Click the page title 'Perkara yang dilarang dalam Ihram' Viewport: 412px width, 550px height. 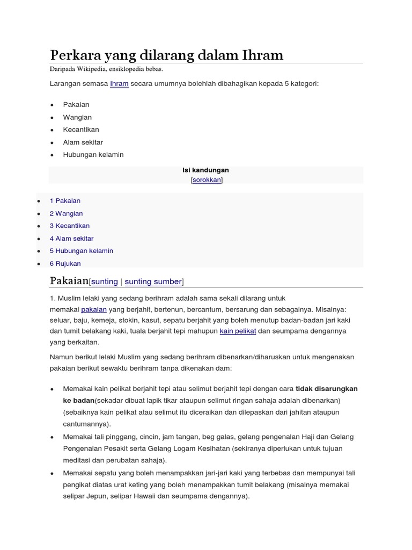tap(166, 55)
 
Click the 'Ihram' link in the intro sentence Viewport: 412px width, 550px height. tap(119, 84)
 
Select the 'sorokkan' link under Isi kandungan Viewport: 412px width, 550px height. tap(207, 180)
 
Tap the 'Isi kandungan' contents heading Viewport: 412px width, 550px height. tap(206, 170)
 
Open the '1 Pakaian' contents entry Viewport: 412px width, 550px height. tap(65, 201)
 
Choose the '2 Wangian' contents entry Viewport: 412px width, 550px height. tap(66, 213)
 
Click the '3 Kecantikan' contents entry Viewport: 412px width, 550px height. tap(70, 226)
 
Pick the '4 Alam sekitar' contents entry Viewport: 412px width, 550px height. tap(71, 238)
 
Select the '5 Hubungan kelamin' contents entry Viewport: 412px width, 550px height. tap(81, 251)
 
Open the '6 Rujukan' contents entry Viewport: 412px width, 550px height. tap(65, 263)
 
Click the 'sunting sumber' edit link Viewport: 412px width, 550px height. tap(153, 281)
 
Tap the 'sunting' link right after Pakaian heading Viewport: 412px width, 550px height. tap(105, 281)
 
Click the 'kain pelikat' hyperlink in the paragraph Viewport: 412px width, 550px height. tap(238, 331)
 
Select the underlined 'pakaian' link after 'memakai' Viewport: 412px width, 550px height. tap(94, 310)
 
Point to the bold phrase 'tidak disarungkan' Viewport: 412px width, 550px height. tap(327, 388)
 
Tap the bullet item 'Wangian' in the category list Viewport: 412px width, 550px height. tap(77, 117)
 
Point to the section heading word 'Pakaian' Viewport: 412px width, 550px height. tap(69, 280)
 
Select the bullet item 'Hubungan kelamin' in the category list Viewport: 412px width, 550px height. tap(93, 155)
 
